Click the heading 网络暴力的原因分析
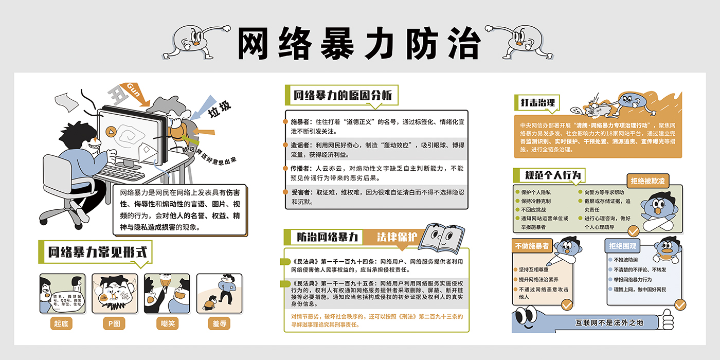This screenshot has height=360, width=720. coord(343,95)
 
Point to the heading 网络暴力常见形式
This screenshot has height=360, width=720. coord(97,253)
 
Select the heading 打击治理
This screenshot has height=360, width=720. coord(536,103)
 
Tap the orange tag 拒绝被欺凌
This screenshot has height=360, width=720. coord(647,181)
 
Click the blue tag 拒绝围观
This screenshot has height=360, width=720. coord(622,246)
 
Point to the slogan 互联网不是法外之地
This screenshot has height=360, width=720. coord(609,323)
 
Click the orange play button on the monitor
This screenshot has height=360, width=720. coord(110,131)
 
